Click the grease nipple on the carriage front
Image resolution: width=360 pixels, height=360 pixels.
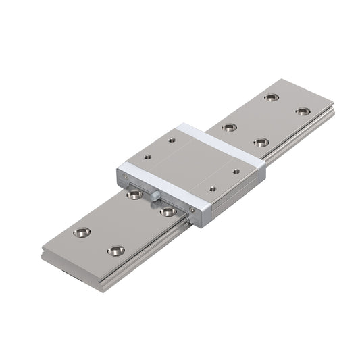point(155,196)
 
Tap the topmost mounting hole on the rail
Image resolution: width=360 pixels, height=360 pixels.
point(271,97)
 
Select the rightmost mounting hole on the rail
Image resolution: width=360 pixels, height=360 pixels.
point(303,111)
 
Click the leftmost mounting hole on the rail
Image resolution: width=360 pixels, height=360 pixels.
point(82,232)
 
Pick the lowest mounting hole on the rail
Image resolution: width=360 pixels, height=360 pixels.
point(115,251)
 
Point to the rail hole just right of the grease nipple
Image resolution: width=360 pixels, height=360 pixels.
point(168,211)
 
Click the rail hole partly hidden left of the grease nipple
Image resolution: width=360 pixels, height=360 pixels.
point(134,195)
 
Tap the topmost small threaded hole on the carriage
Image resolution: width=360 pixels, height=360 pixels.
point(172,140)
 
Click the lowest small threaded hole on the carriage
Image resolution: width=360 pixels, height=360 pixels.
point(213,189)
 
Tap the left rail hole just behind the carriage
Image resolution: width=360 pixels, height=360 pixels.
point(230,127)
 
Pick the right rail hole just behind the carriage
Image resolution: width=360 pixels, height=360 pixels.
point(261,143)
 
